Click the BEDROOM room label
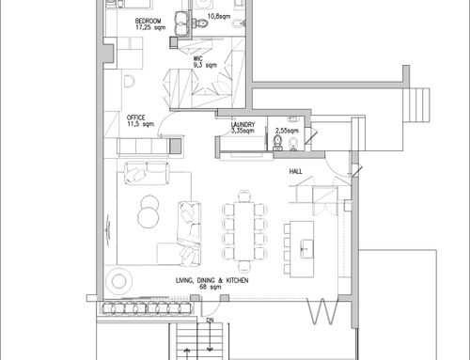point(149,21)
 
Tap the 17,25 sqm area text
point(150,27)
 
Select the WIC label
point(198,58)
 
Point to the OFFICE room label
point(136,117)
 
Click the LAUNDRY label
point(243,124)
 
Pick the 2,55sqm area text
point(287,131)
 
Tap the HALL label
point(296,171)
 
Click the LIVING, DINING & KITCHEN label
point(212,280)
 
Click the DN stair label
point(210,321)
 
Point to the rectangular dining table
point(244,231)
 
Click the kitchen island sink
point(306,249)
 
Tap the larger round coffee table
point(149,218)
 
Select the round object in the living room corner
point(118,281)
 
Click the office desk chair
point(129,81)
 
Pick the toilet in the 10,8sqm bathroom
point(200,23)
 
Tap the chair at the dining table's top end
point(244,196)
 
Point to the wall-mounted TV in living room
point(108,229)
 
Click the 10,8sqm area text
point(219,16)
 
